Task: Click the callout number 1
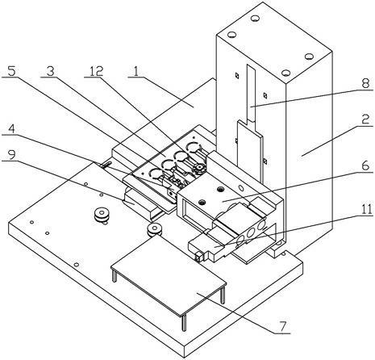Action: (136, 72)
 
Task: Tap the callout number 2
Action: (365, 119)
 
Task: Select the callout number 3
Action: (50, 71)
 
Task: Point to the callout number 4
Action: (11, 130)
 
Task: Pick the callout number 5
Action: (11, 71)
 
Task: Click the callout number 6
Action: (365, 166)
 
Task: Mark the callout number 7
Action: (282, 326)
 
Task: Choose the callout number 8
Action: (365, 83)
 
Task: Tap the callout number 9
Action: (11, 155)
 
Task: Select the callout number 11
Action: (365, 209)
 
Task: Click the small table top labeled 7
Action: (169, 274)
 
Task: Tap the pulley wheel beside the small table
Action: (154, 230)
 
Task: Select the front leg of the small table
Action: (184, 323)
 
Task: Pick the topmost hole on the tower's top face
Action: (254, 19)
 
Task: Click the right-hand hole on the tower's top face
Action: (309, 57)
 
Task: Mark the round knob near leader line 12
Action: (199, 169)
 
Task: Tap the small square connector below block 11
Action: (199, 257)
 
